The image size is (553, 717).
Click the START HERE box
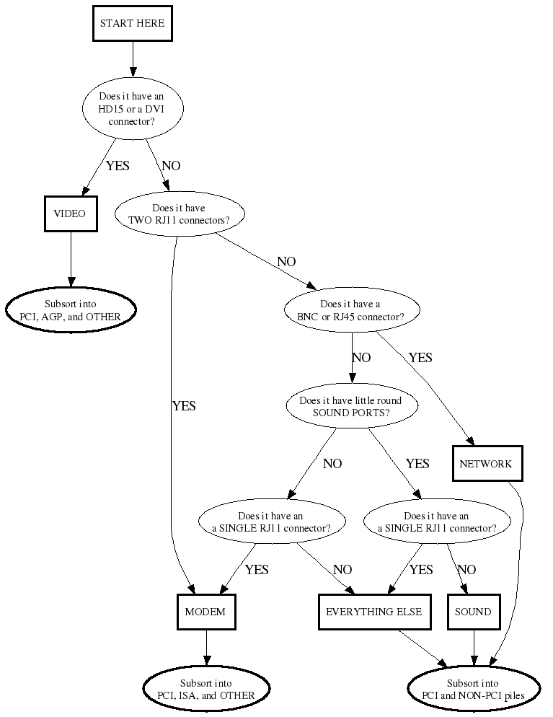132,23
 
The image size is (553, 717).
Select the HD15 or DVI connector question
132,110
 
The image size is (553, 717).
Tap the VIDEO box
70,214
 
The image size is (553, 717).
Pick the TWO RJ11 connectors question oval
180,214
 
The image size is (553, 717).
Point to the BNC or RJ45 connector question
351,310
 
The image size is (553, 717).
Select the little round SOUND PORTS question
351,406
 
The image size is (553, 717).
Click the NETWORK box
485,464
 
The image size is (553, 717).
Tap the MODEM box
205,612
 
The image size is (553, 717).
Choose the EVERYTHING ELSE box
374,612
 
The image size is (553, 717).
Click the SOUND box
474,612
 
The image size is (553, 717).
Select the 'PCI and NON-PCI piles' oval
474,689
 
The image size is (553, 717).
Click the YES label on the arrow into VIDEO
118,166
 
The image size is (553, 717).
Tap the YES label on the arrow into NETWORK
420,358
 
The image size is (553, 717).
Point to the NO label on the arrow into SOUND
466,570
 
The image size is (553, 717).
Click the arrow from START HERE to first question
132,58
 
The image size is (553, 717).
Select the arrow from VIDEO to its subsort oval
71,260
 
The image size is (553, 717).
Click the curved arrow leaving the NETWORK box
519,563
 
